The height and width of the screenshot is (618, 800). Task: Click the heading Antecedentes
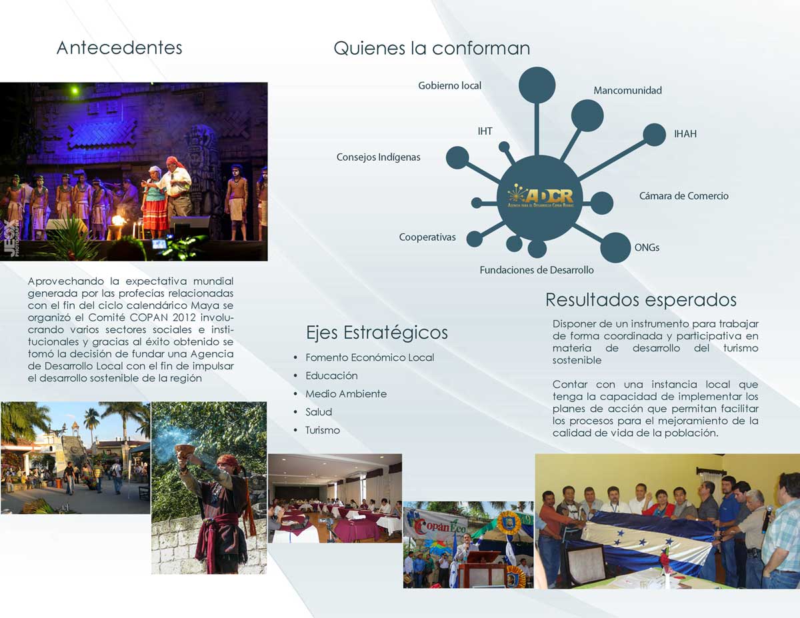[x=119, y=48]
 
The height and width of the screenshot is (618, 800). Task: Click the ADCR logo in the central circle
[x=540, y=197]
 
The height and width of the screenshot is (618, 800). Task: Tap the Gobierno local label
[x=449, y=86]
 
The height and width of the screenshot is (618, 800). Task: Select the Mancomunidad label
[x=628, y=91]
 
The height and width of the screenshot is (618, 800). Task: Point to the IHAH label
[x=685, y=134]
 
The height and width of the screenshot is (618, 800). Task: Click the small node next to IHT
[x=504, y=147]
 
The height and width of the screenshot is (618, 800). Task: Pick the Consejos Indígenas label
[x=379, y=157]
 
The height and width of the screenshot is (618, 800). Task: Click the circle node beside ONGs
[x=615, y=247]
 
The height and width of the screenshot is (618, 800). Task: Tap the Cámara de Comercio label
[x=683, y=196]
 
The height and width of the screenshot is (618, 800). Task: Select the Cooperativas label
[x=427, y=237]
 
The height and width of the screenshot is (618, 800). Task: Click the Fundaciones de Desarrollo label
[x=537, y=270]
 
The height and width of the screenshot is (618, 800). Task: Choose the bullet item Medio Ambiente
[x=346, y=394]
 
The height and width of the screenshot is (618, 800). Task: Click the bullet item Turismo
[x=323, y=430]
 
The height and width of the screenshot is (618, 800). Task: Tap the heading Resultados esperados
[x=641, y=300]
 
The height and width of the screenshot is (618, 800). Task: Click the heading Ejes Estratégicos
[x=377, y=333]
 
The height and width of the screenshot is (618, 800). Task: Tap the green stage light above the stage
[x=75, y=90]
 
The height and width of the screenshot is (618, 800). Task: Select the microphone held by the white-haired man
[x=767, y=519]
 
